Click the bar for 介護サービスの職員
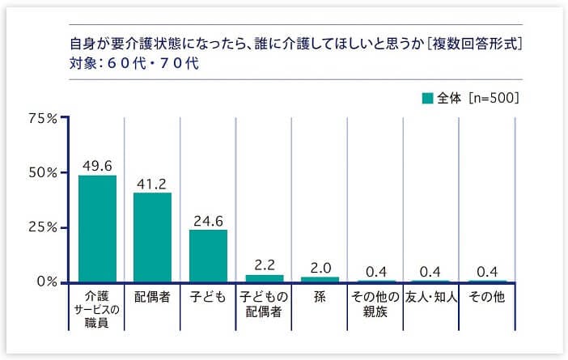point(97,229)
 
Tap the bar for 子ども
point(208,256)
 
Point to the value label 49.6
point(97,166)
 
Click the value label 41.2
point(152,184)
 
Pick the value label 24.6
point(208,220)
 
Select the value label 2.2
point(264,265)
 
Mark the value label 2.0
point(320,267)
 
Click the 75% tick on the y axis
point(42,118)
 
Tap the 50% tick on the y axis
point(42,172)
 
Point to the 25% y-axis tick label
point(42,227)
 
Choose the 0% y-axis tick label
point(45,282)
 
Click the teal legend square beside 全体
point(427,99)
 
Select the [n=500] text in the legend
point(493,99)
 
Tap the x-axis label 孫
point(320,297)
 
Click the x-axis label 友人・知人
point(431,297)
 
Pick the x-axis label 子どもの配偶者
point(264,304)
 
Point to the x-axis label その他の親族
point(375,304)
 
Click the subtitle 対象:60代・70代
point(129,62)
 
